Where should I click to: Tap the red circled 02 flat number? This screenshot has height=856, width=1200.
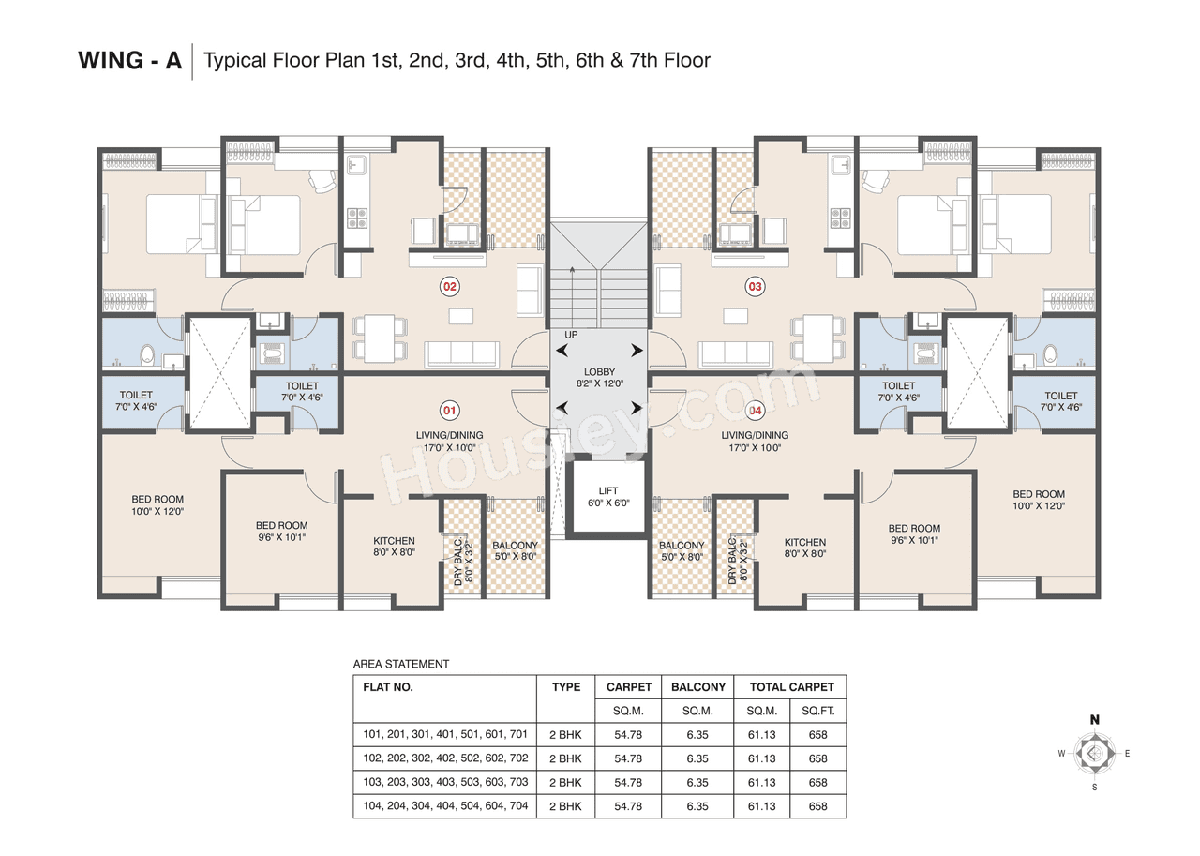[449, 285]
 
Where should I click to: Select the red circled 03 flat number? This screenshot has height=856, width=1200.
[754, 285]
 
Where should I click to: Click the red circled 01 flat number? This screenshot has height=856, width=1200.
[449, 410]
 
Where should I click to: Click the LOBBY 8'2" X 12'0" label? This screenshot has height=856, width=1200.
[599, 378]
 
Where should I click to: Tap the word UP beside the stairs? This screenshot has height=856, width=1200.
[571, 335]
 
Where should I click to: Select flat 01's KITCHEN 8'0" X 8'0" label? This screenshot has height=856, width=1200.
[394, 547]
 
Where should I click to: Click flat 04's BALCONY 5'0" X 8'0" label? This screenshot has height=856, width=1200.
[682, 550]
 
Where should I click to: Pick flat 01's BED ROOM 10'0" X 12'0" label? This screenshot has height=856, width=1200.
[157, 505]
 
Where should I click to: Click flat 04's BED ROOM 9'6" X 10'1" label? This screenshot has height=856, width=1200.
[914, 534]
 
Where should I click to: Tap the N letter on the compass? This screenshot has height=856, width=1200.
[1094, 720]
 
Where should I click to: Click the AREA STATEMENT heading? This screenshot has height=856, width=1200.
[401, 664]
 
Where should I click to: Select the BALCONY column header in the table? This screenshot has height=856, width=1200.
[697, 687]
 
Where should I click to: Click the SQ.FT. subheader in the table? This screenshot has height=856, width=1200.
[817, 712]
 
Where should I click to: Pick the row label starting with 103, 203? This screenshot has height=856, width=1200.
[445, 782]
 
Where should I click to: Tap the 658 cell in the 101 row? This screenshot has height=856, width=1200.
[817, 735]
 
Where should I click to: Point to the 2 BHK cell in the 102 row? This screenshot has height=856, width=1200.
[565, 758]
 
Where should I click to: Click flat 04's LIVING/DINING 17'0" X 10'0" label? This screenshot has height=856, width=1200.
[755, 442]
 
